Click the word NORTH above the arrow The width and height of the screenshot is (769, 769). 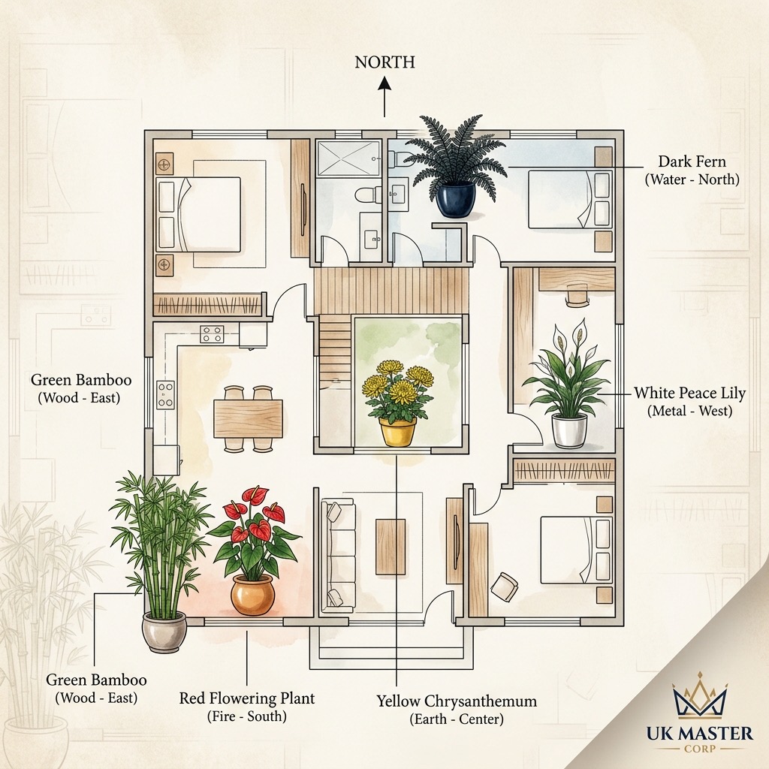(385, 62)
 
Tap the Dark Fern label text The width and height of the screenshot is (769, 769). (692, 161)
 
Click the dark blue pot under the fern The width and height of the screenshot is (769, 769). (456, 198)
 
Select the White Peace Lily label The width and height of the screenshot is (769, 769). (689, 393)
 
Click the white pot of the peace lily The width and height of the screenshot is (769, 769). (569, 430)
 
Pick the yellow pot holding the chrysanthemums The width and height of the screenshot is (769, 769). (398, 431)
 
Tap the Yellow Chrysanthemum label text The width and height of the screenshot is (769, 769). (457, 701)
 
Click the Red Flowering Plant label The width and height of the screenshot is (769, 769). (246, 698)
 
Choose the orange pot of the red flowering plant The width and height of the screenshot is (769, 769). (252, 594)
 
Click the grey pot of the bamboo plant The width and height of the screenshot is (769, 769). (164, 632)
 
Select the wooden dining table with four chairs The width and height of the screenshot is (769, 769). (248, 418)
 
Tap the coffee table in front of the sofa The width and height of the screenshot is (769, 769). (391, 547)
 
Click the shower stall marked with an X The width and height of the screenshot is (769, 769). (348, 158)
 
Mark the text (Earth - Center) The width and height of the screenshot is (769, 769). (457, 719)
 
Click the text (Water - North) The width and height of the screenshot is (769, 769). (692, 179)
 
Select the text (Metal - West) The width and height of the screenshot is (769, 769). (689, 411)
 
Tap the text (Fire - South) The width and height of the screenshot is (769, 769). (246, 716)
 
